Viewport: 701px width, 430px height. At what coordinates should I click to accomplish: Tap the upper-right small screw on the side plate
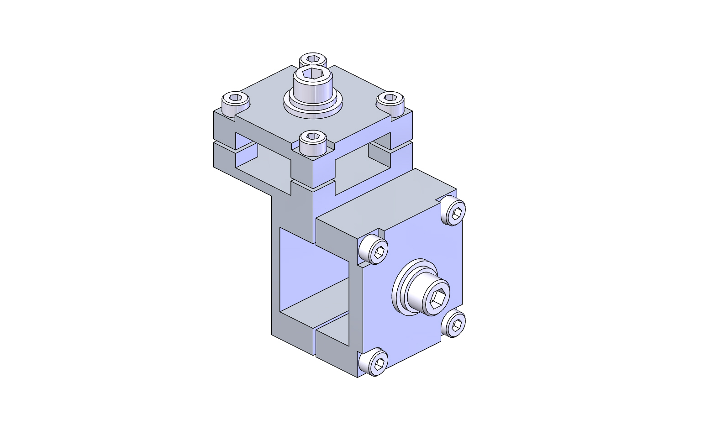[x=454, y=211]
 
